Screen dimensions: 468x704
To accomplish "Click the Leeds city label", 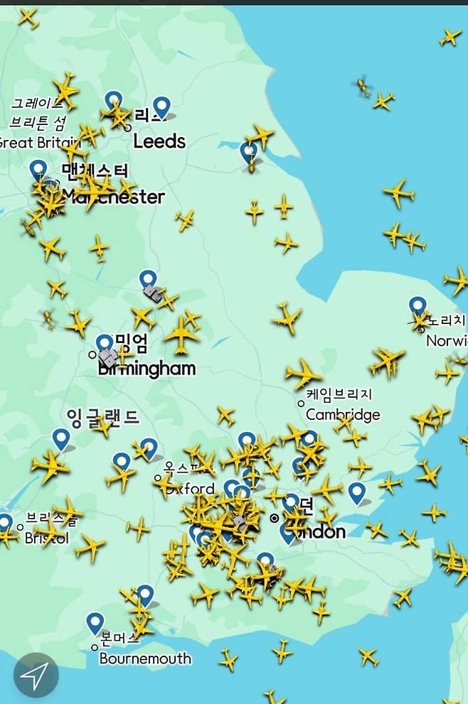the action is tap(159, 141).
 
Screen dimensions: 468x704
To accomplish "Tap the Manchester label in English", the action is tap(114, 197).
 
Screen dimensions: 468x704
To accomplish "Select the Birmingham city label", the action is tap(147, 369).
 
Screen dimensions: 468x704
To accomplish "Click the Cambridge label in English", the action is tap(343, 415).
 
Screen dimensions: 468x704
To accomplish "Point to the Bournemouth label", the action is tap(145, 659).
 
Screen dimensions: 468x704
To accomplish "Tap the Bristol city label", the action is tap(47, 538).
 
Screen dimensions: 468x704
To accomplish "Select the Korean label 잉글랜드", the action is tap(102, 416).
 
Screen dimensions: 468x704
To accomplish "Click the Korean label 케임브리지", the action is tap(339, 394).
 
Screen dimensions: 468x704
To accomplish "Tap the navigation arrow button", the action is tap(36, 675).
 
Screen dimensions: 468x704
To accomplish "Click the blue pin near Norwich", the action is tap(418, 307).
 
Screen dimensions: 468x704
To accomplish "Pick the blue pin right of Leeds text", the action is tap(163, 107).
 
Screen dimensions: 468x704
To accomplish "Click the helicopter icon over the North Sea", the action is tap(363, 87).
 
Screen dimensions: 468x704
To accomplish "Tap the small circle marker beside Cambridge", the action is tap(301, 404).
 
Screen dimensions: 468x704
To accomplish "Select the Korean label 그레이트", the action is tap(37, 104).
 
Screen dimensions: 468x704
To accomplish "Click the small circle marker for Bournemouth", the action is tap(95, 647).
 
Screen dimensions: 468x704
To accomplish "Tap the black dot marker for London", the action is tap(275, 519).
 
